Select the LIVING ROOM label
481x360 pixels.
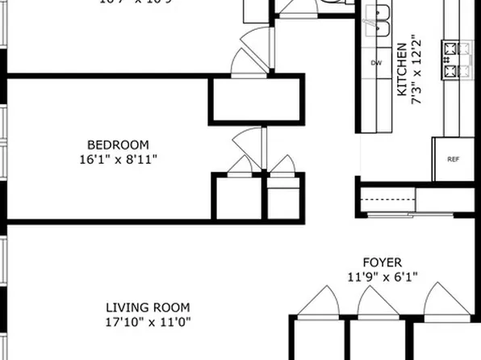[148, 308]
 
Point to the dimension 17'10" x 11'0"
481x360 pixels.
[148, 322]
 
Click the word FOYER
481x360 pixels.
[382, 263]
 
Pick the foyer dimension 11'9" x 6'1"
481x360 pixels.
[382, 277]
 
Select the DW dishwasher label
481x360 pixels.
[376, 63]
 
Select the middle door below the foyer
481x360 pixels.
[373, 302]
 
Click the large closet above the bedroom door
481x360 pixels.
[256, 100]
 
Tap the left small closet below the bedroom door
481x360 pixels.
[237, 198]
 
